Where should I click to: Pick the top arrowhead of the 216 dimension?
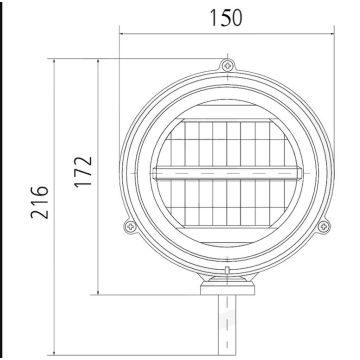click(55, 62)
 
